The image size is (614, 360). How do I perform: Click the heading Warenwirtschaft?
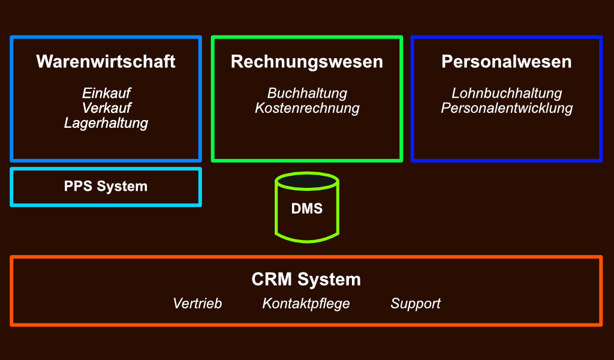coord(106,62)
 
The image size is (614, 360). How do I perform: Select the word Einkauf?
coord(106,94)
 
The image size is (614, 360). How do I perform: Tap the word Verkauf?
coord(106,109)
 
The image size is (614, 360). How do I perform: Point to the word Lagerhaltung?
coord(106,124)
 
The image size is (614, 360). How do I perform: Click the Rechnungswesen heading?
coord(306,62)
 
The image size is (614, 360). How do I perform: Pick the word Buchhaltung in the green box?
coord(307,94)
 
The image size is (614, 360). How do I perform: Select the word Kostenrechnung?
coord(307,109)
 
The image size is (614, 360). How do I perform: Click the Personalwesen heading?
coord(506,62)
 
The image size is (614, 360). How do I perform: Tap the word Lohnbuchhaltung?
coord(507,94)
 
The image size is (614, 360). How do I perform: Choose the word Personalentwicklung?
coord(507,109)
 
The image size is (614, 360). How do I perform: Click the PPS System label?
coord(106,187)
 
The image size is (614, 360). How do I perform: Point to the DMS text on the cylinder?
coord(307,209)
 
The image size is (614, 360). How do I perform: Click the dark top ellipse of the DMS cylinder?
coord(307,181)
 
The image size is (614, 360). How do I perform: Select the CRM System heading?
coord(306,280)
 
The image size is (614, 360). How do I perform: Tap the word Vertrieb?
coord(197,304)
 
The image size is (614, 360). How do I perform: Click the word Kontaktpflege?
coord(306,304)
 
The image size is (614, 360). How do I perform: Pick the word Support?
coord(416,304)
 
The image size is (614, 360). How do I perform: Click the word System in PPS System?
coord(122,187)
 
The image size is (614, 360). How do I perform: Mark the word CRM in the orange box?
coord(272,280)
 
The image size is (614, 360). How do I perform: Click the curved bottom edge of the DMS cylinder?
coord(307,241)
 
